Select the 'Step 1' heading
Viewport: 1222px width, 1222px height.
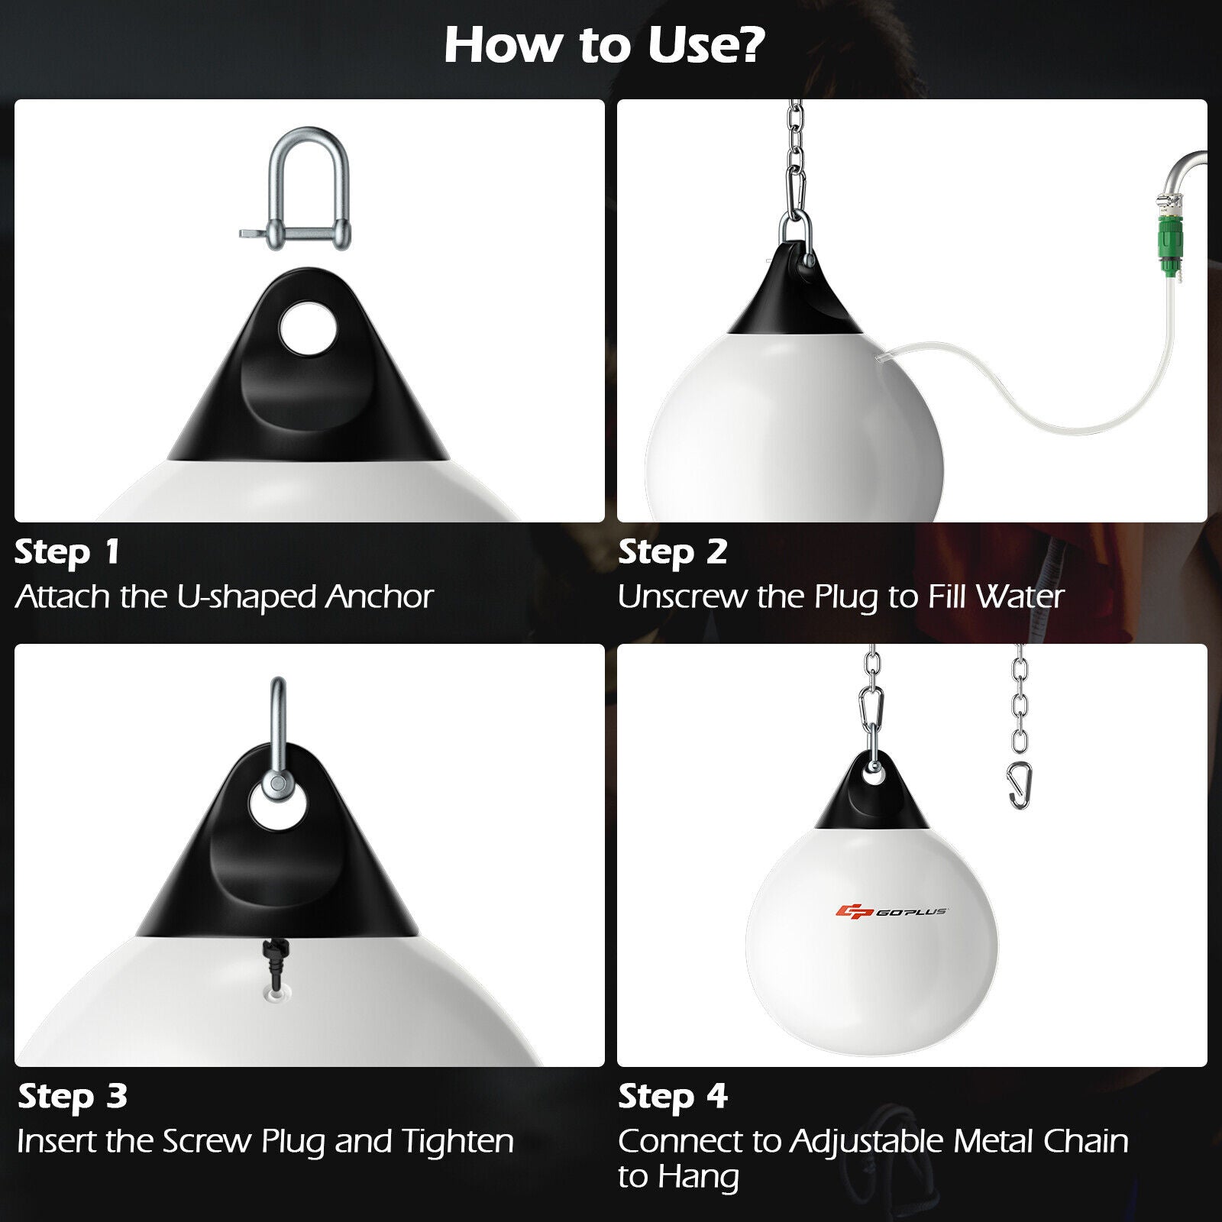[x=67, y=552]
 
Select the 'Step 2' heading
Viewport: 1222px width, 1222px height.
[x=672, y=552]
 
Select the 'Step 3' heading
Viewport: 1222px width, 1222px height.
[x=73, y=1097]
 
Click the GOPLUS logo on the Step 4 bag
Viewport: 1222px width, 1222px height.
[x=891, y=911]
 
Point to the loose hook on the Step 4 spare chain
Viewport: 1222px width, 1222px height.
[x=1019, y=786]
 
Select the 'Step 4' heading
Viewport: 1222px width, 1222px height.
[x=672, y=1097]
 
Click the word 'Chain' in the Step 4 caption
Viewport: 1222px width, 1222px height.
[x=1085, y=1141]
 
